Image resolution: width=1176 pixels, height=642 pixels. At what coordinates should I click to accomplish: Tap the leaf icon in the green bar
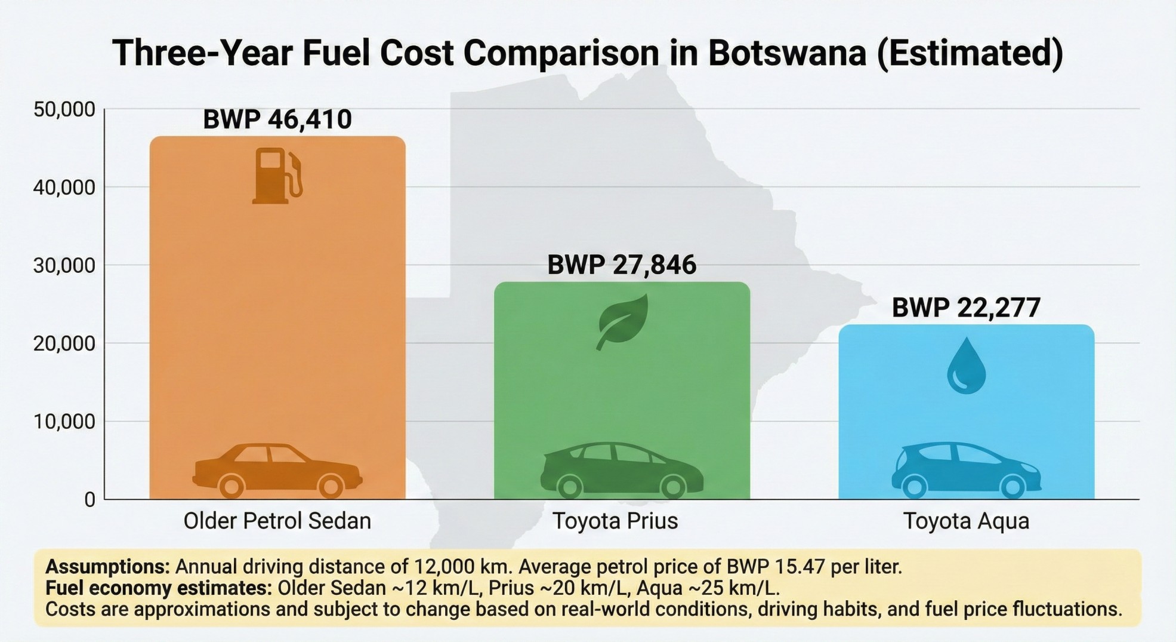622,321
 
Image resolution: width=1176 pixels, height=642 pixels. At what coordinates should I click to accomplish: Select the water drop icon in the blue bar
966,366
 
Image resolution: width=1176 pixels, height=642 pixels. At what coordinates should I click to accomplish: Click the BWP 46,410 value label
277,119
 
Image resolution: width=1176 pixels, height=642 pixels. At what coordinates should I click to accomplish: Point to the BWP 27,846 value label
622,265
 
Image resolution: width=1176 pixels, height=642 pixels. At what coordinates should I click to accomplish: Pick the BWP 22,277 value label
966,308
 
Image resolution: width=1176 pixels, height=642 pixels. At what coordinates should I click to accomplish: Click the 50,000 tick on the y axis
64,109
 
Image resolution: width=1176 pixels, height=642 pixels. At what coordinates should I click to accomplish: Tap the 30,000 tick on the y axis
64,265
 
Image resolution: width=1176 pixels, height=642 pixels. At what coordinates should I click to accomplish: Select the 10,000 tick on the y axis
64,422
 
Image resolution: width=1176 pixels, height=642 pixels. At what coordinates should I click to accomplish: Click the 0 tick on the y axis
89,500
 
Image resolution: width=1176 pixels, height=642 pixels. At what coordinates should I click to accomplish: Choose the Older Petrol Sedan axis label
277,521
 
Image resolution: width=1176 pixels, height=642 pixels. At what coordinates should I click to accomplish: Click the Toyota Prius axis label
615,521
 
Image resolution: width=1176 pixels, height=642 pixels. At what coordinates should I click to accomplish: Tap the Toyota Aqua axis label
966,521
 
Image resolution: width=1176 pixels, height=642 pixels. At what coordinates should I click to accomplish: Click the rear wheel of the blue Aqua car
915,487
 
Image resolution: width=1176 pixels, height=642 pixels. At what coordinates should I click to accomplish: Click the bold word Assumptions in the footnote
108,566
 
